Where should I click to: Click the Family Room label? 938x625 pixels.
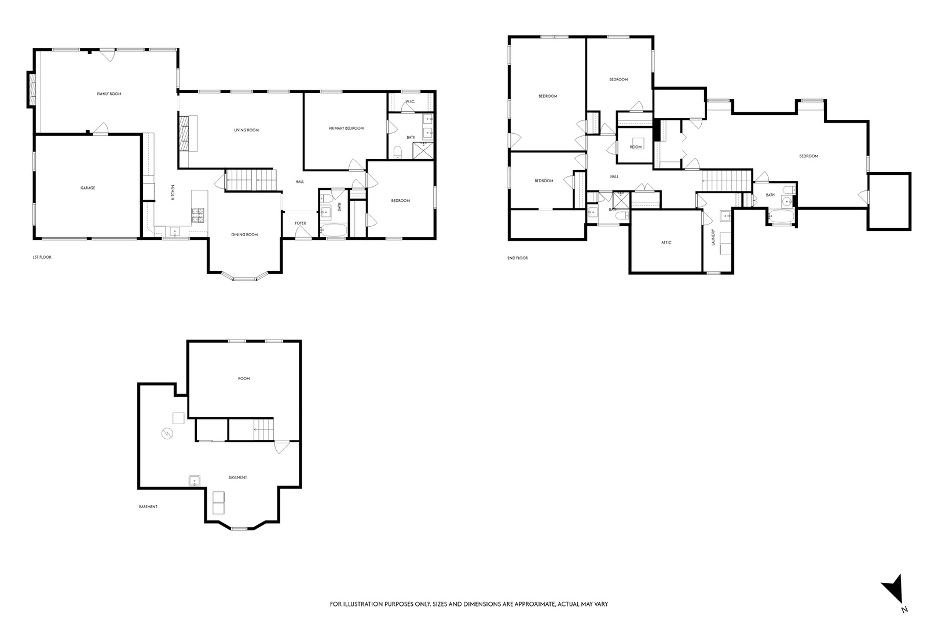109,94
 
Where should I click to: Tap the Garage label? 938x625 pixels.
87,188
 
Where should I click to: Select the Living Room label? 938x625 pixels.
246,130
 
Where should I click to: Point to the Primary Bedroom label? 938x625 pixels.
346,128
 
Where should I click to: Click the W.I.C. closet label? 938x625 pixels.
410,102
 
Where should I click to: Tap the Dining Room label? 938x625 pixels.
244,235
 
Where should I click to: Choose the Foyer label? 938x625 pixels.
301,223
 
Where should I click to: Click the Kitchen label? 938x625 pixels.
173,192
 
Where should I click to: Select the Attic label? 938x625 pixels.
666,242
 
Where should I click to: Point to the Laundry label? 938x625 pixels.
713,237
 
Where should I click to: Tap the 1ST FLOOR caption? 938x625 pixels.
42,257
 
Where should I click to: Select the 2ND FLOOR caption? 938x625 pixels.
518,258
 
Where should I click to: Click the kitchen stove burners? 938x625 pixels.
198,215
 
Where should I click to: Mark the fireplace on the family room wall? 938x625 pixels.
32,90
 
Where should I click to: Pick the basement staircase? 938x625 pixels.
263,429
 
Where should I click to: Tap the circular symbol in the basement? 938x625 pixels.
167,433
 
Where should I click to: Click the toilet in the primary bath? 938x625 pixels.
397,152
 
